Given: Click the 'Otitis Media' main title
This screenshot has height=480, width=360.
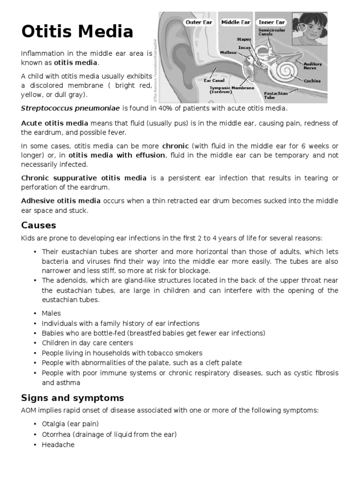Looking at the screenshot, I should (x=77, y=32).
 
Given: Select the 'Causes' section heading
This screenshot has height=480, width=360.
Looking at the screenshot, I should (x=38, y=225).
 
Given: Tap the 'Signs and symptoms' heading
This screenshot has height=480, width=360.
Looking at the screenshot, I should (x=73, y=398).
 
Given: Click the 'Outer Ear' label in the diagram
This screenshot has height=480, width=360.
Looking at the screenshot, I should (x=199, y=22).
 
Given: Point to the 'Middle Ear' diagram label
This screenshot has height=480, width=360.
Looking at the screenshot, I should (x=236, y=22).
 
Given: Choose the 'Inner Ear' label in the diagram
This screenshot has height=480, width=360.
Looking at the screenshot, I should (x=273, y=22).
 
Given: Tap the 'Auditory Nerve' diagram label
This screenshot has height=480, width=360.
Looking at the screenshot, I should (x=313, y=66).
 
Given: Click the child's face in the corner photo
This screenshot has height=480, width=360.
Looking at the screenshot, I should (x=309, y=30).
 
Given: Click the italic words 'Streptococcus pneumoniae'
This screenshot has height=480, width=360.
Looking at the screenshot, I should (x=70, y=108).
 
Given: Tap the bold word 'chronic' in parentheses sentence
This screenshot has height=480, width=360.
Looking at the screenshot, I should (x=175, y=146).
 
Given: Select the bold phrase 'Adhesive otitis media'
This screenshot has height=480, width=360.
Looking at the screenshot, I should (x=61, y=201).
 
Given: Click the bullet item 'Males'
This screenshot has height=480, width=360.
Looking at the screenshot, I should (x=51, y=313).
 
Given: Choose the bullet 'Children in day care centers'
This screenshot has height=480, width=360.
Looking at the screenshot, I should (x=87, y=343).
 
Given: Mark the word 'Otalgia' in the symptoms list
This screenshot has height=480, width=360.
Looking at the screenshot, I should (x=53, y=424).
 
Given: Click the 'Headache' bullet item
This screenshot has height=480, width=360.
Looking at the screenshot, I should (x=58, y=444).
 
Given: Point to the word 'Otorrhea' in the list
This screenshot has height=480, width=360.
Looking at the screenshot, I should (x=56, y=434).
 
